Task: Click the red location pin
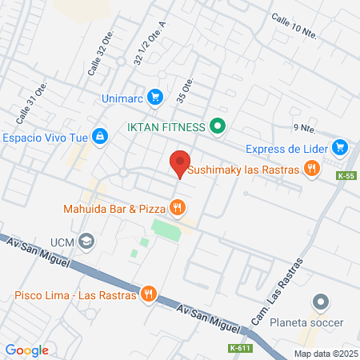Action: pos(179,163)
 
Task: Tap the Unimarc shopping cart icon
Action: pos(155,98)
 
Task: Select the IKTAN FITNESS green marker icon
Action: pos(216,126)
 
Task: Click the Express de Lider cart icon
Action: pos(341,147)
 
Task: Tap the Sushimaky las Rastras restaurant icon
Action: pos(312,169)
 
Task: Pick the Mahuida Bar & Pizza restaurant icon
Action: pos(178,209)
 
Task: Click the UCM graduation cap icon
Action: pos(87,241)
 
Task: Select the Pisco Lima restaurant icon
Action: pos(148,294)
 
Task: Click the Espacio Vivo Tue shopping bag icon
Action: pos(99,137)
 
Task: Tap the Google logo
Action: pos(27,350)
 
